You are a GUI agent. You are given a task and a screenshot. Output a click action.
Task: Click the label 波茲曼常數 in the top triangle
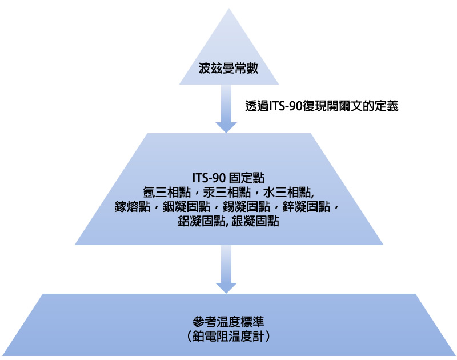(228, 69)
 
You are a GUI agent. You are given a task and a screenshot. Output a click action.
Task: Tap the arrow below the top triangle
(227, 109)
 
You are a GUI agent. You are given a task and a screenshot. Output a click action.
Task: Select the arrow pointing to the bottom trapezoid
(227, 269)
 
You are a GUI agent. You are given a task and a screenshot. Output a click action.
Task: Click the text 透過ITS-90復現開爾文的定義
(321, 106)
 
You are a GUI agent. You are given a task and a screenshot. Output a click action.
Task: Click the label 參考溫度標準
(228, 321)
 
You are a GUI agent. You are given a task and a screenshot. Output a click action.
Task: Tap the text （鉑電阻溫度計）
(228, 336)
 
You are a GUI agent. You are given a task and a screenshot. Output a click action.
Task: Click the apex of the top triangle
(228, 9)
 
